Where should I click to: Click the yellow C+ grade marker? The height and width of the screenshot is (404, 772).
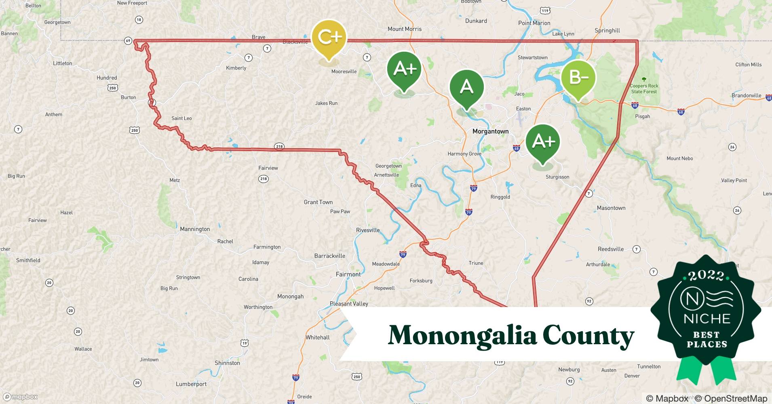pyautogui.click(x=329, y=38)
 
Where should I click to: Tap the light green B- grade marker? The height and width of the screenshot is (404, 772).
pyautogui.click(x=578, y=78)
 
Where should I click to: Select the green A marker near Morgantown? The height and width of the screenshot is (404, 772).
pyautogui.click(x=467, y=87)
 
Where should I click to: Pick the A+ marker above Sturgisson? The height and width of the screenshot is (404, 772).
pyautogui.click(x=543, y=141)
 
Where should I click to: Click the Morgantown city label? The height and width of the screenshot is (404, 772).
pyautogui.click(x=490, y=131)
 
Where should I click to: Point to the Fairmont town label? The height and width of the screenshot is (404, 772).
pyautogui.click(x=348, y=274)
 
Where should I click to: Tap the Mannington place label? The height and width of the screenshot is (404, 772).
pyautogui.click(x=195, y=229)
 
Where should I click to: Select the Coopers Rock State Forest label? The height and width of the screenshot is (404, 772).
pyautogui.click(x=644, y=88)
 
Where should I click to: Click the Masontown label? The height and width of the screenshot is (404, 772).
pyautogui.click(x=611, y=208)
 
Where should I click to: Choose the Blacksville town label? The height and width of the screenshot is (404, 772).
pyautogui.click(x=295, y=42)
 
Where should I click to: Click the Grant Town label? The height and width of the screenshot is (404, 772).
pyautogui.click(x=318, y=202)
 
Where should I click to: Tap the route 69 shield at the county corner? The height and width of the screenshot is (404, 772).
pyautogui.click(x=128, y=41)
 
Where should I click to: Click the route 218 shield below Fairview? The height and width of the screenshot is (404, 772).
pyautogui.click(x=264, y=179)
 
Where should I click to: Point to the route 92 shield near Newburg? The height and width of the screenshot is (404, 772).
pyautogui.click(x=570, y=381)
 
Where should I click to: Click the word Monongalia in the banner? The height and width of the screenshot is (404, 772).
pyautogui.click(x=462, y=335)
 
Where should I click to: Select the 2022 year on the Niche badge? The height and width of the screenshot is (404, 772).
pyautogui.click(x=706, y=276)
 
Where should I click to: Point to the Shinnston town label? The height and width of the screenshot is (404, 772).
pyautogui.click(x=227, y=363)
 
